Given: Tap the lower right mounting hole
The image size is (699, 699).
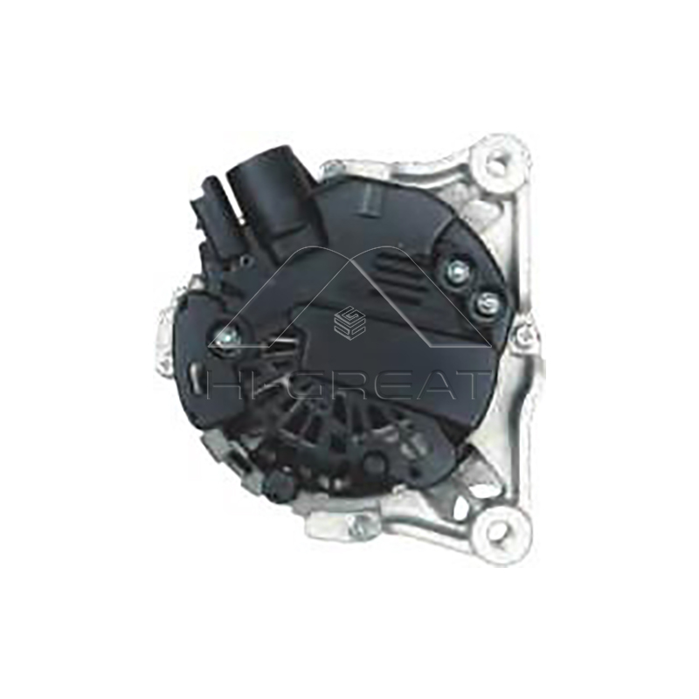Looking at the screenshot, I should [x=505, y=528].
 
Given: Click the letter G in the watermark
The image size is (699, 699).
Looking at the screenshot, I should [x=301, y=385].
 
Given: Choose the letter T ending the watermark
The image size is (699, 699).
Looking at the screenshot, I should [x=473, y=385].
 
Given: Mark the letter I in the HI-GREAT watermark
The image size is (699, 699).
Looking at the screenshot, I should [x=258, y=385].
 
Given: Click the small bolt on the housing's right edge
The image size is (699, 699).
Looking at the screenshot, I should [x=523, y=332].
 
